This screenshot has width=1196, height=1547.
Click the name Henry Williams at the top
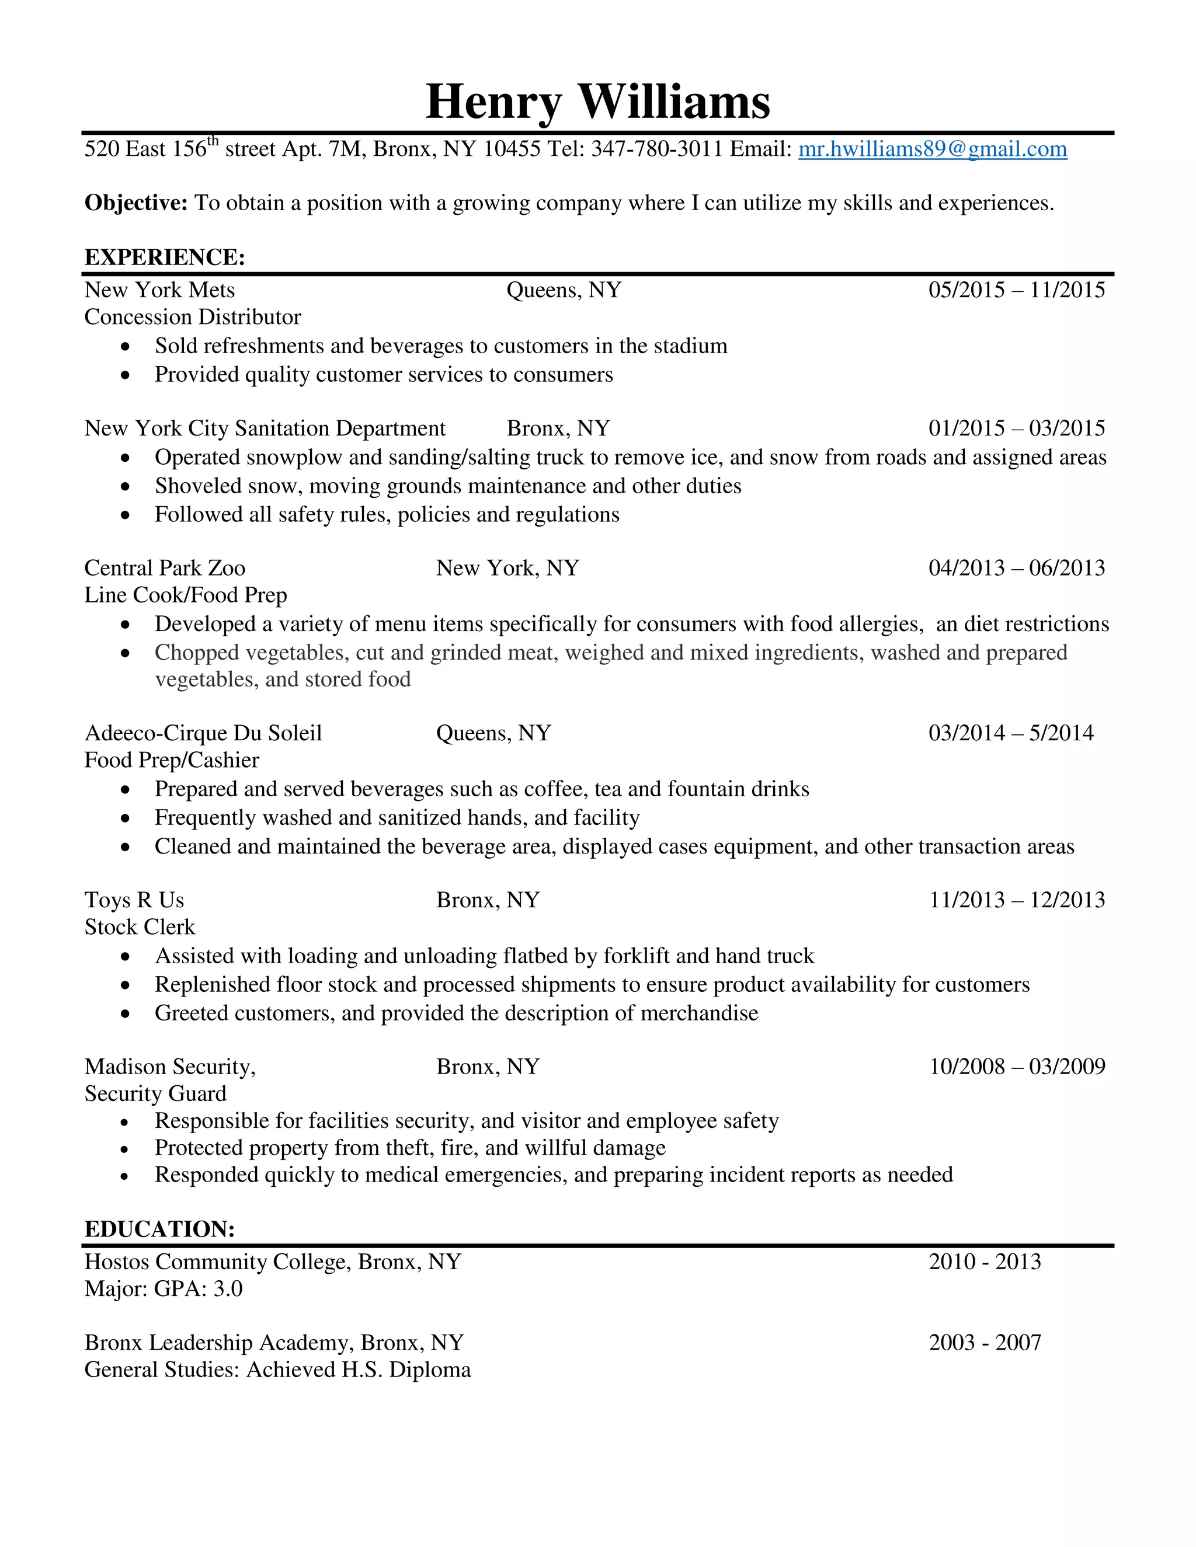pos(597,102)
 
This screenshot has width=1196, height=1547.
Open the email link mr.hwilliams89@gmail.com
pos(933,149)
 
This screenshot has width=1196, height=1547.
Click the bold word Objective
pos(135,203)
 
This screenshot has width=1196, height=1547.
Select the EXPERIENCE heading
pos(164,257)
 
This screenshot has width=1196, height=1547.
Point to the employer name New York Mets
pos(159,290)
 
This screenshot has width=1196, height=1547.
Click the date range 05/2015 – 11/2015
pos(1016,290)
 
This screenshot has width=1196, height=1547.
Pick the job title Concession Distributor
pos(193,316)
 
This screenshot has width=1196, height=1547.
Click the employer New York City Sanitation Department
pos(265,428)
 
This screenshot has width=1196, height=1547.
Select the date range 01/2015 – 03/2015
pos(1016,428)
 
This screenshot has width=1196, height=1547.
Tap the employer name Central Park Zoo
pos(164,567)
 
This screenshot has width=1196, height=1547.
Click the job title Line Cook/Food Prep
pos(186,595)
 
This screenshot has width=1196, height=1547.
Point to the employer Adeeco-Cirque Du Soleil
pos(203,733)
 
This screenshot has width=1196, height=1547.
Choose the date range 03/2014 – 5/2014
pos(1010,733)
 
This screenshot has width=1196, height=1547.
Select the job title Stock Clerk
pos(140,926)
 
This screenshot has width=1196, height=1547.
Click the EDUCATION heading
pos(159,1229)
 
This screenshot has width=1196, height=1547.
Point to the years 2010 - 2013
pos(984,1262)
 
